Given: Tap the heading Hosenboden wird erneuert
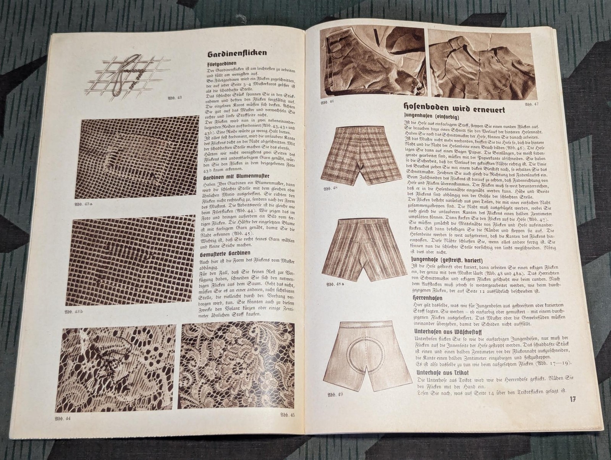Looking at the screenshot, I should point(454,109).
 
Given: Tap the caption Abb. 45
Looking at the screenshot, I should point(287,415).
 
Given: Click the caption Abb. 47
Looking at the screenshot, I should point(532,104).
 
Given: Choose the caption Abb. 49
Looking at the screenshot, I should point(335,394).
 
